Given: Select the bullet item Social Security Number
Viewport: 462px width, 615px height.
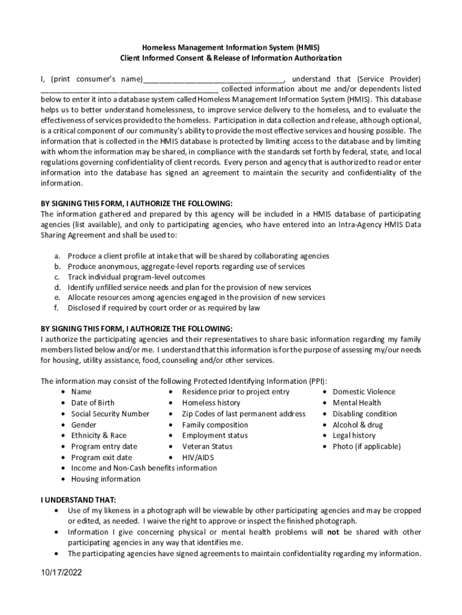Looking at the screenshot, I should (110, 414).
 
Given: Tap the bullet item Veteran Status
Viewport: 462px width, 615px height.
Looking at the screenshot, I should (207, 446).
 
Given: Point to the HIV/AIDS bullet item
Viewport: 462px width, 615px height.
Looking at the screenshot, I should (198, 457).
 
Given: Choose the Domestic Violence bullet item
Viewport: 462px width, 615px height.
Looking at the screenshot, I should (364, 392).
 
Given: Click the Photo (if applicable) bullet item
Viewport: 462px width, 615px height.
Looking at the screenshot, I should (366, 446).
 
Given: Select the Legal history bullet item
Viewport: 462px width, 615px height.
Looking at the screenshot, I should (354, 435).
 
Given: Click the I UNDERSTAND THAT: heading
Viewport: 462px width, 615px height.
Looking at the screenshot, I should (79, 499).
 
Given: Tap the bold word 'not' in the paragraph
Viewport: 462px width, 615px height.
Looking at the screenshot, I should (333, 532).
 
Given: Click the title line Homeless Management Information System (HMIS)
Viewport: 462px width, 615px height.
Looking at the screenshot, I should (231, 47).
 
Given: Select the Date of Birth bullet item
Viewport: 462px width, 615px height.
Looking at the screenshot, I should (92, 402).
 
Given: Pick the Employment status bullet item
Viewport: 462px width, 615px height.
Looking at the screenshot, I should (214, 435).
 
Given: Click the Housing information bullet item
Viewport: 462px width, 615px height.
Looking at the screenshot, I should (106, 479).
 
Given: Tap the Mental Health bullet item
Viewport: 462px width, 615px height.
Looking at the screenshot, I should (356, 402).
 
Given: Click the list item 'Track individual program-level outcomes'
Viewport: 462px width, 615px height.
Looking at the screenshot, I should (136, 277).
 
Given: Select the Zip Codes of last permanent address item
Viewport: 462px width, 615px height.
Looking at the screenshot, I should (244, 414).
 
